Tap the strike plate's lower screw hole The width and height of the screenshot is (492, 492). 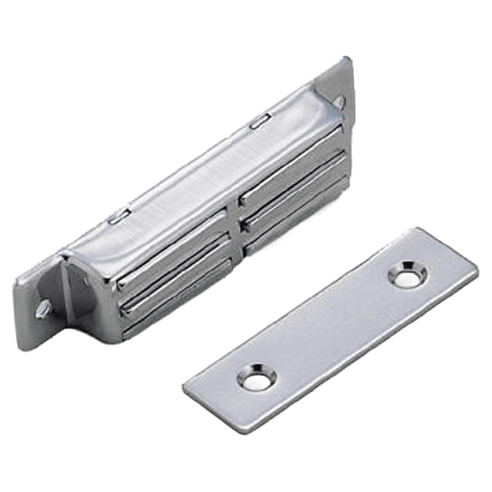pos(256,377)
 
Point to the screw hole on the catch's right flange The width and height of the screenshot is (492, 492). pos(339,101)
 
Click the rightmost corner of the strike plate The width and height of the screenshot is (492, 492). pos(477,271)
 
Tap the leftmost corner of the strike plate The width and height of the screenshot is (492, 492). pos(184,386)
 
